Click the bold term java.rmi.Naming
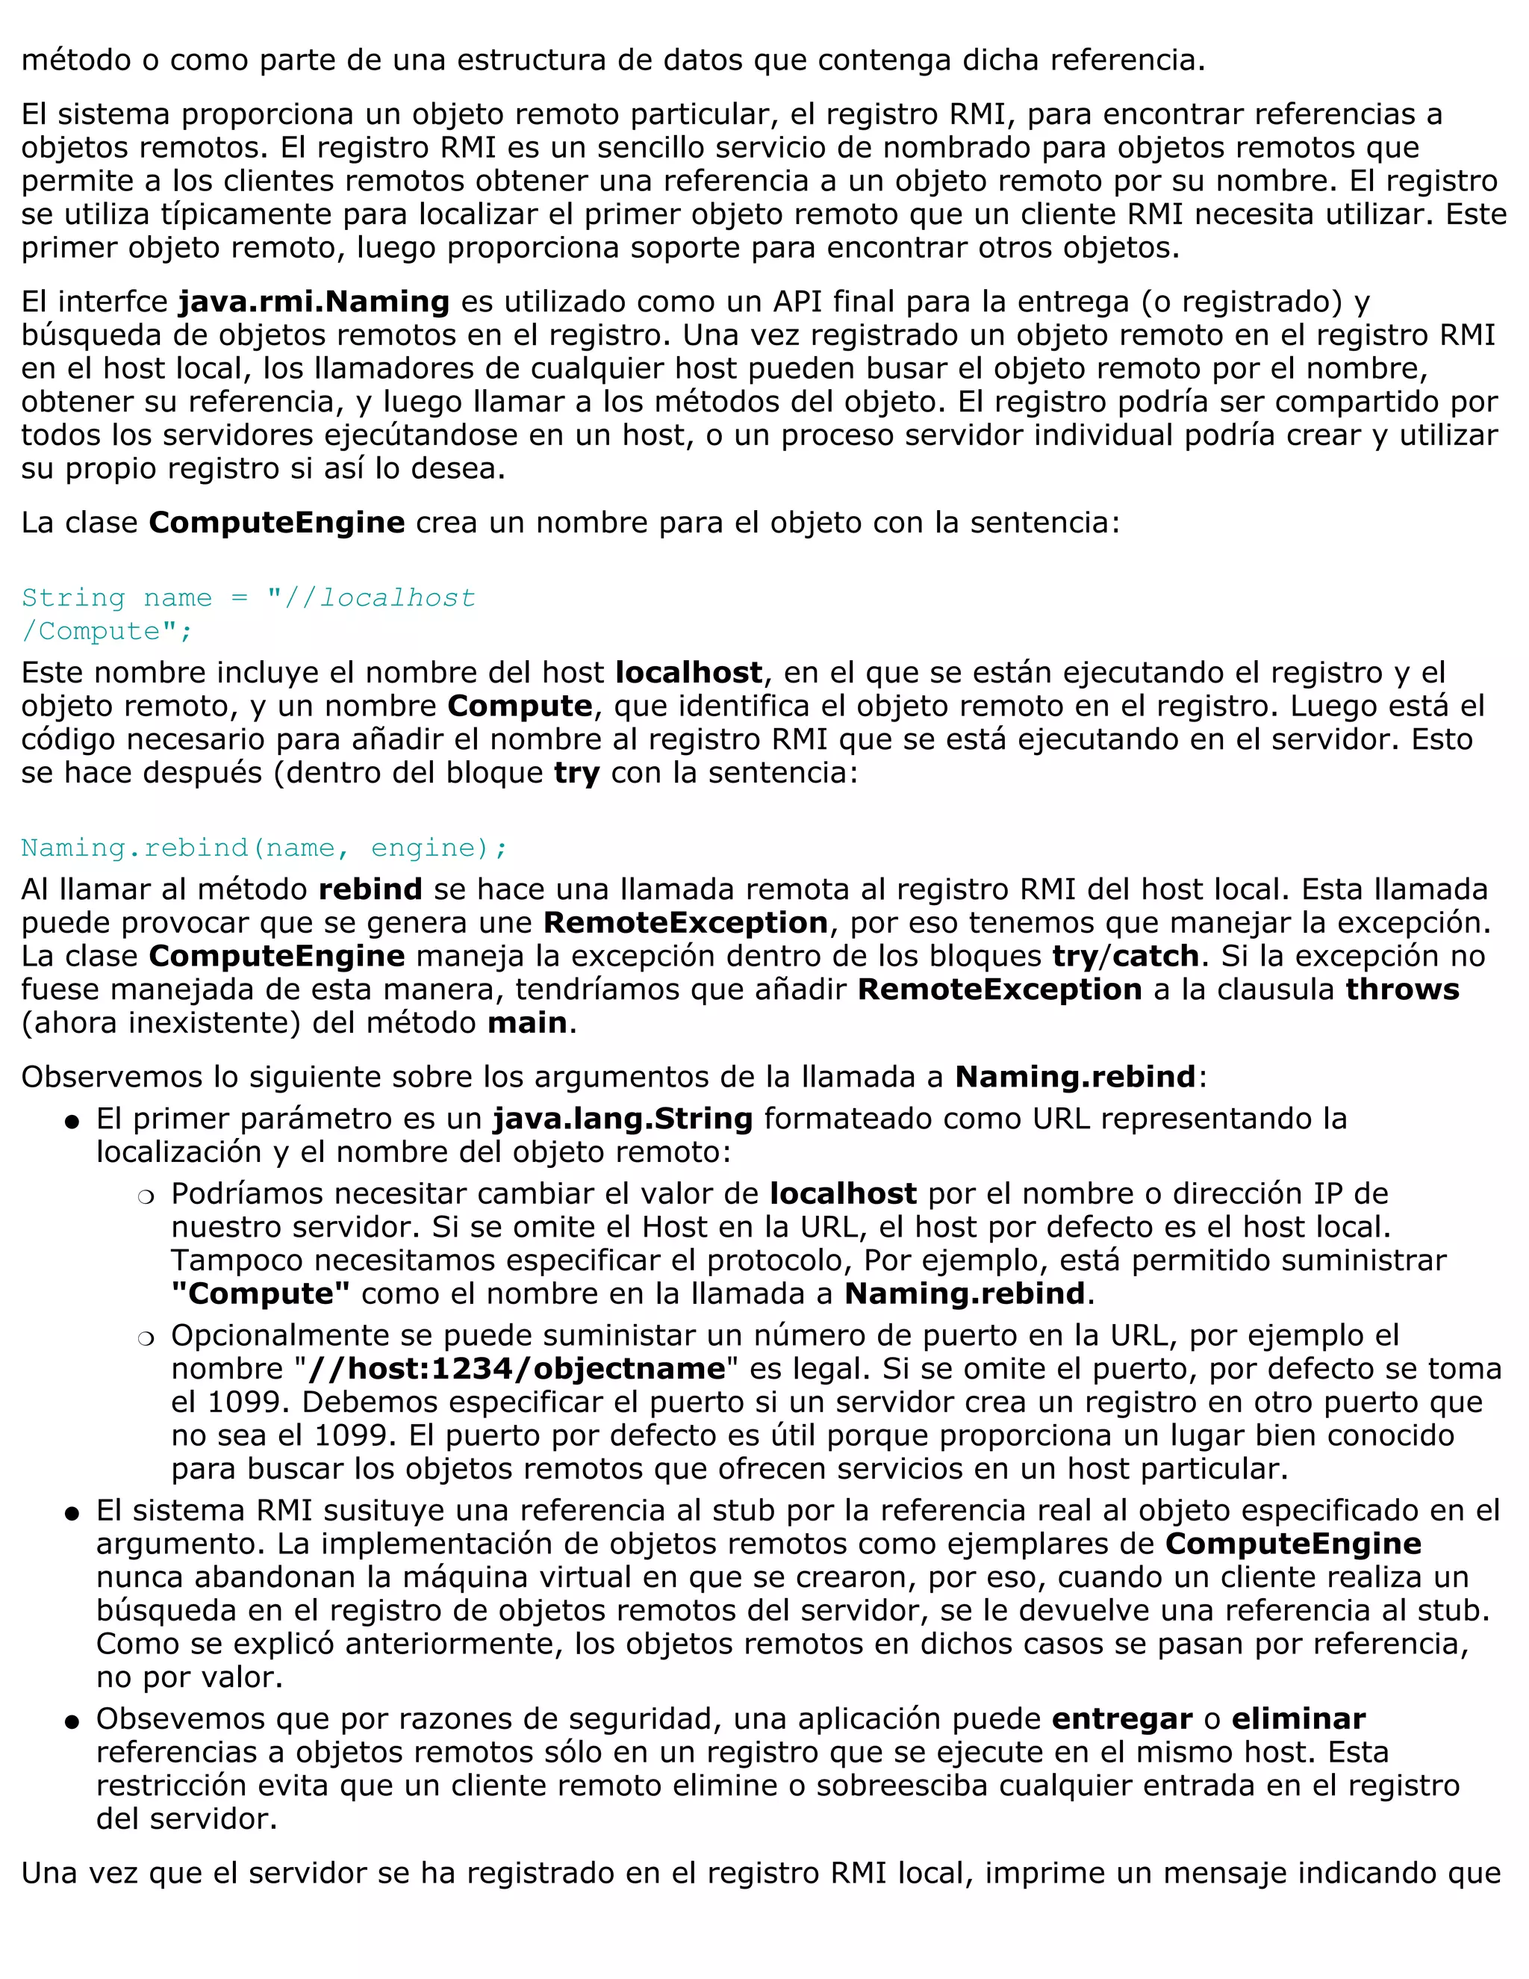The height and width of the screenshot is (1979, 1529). tap(314, 302)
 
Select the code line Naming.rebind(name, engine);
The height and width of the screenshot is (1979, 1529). tap(264, 848)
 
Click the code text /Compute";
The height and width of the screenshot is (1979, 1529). tap(107, 631)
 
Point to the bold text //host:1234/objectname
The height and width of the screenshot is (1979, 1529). tap(517, 1368)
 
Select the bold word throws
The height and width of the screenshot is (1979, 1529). tap(1402, 989)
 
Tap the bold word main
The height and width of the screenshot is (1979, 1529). tap(527, 1022)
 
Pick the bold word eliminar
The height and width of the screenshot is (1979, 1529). tap(1298, 1719)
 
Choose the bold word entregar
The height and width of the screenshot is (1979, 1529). tap(1121, 1719)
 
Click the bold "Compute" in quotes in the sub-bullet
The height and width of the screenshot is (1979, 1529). tap(261, 1293)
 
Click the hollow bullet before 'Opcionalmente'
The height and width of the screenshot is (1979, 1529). tap(145, 1338)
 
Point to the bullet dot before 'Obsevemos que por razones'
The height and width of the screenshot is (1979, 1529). tap(72, 1721)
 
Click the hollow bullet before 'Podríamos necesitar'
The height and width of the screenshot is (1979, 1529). tap(145, 1197)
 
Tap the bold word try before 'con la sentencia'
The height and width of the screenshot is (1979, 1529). tap(576, 773)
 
